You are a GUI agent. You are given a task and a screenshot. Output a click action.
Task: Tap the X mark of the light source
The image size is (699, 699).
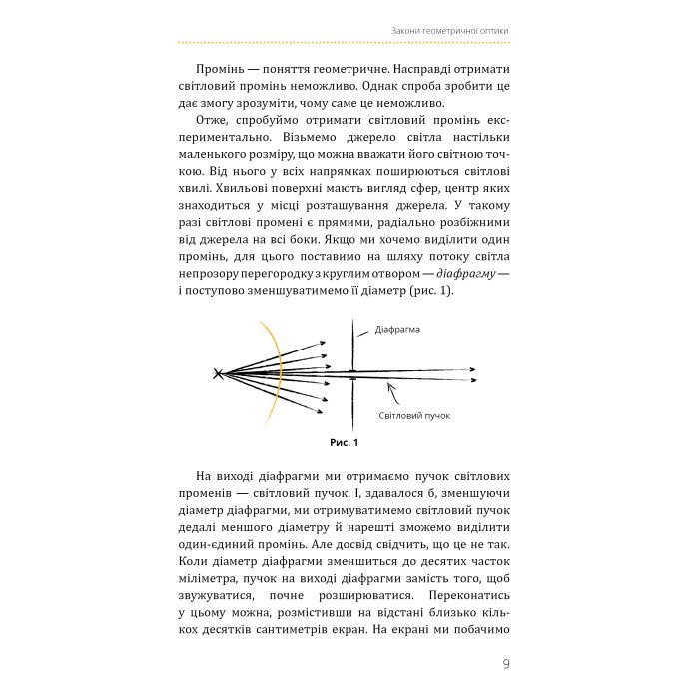coord(218,374)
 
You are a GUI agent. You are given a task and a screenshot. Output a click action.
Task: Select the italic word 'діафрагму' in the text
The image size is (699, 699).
coord(462,270)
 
